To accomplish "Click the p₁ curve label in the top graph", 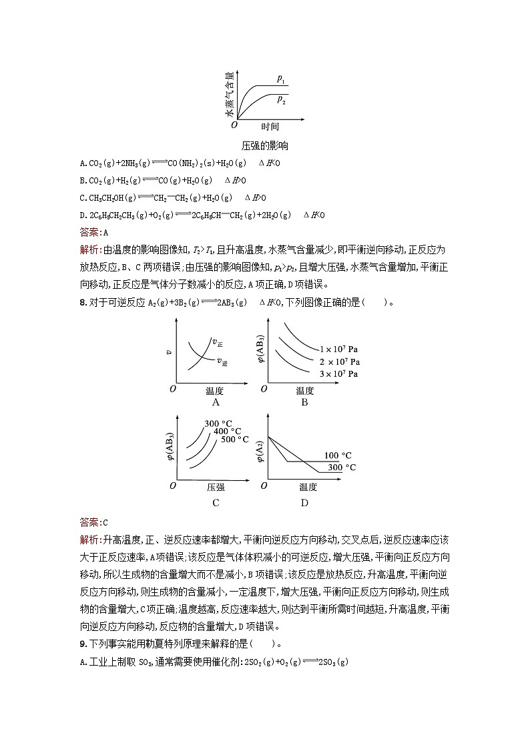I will [281, 79].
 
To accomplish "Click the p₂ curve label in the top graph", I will [281, 100].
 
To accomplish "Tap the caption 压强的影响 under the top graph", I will [265, 145].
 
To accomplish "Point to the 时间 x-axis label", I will [270, 127].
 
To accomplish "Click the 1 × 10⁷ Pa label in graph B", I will [338, 349].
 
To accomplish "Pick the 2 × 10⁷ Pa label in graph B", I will [338, 362].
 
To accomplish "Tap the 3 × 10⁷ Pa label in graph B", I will [338, 374].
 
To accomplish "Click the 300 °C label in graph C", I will [218, 424].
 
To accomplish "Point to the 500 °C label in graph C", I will [235, 440].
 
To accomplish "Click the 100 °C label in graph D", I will [338, 456].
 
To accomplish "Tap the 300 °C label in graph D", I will [342, 468].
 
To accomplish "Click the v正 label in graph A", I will [217, 343].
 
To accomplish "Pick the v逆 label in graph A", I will [222, 361].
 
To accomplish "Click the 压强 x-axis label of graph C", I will [216, 488].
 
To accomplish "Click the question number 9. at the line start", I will [83, 644].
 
